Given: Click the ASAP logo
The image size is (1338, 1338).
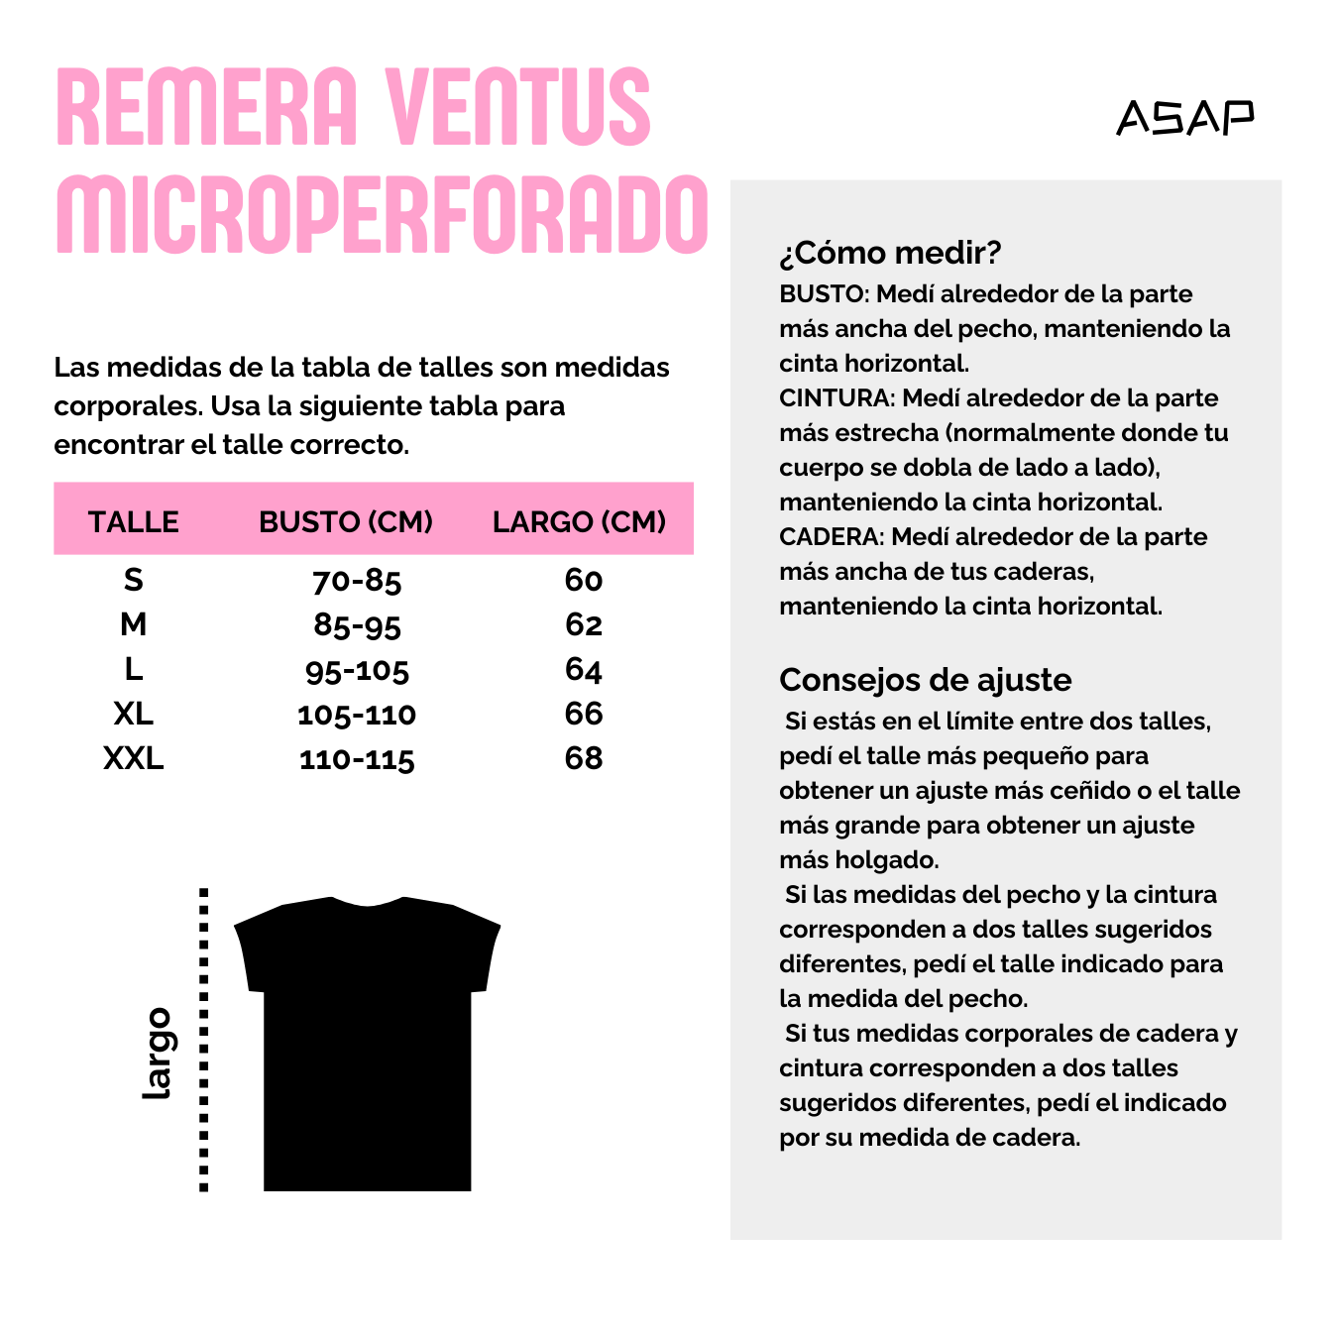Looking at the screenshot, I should pyautogui.click(x=1184, y=117).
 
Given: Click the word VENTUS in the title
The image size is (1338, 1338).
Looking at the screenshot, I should pyautogui.click(x=518, y=107).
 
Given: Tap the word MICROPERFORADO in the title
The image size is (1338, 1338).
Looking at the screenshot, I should pyautogui.click(x=382, y=215).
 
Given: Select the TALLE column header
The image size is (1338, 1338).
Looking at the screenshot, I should pyautogui.click(x=134, y=521).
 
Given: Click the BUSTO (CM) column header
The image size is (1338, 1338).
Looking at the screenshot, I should pyautogui.click(x=346, y=521).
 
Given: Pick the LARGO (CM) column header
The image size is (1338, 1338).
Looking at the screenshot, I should pyautogui.click(x=579, y=521).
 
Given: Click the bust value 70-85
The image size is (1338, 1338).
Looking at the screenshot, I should pyautogui.click(x=357, y=581).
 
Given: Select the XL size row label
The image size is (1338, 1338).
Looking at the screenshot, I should pyautogui.click(x=134, y=714).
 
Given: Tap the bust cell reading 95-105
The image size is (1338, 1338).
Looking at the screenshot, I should pyautogui.click(x=357, y=671).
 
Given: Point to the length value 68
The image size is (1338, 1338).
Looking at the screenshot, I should pyautogui.click(x=584, y=758).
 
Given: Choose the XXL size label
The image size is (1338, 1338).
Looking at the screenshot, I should pyautogui.click(x=134, y=758).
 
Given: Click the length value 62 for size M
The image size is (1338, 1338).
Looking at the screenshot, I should pyautogui.click(x=584, y=624).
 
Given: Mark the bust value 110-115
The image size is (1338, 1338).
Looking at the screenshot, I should pyautogui.click(x=357, y=760).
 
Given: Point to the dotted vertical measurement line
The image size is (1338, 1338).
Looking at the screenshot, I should pyautogui.click(x=204, y=1041).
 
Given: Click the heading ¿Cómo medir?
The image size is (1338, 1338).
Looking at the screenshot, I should pyautogui.click(x=890, y=253).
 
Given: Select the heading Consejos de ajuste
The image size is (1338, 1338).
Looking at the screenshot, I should pyautogui.click(x=925, y=680).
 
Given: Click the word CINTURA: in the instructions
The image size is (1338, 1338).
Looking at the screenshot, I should pyautogui.click(x=836, y=398).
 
